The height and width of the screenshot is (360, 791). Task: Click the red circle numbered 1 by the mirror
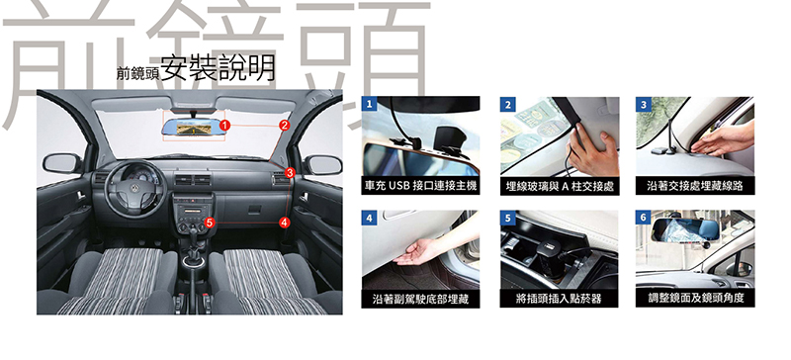[x=225, y=125]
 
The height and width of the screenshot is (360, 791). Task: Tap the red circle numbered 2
[x=285, y=125]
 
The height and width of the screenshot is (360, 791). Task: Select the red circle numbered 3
[x=289, y=173]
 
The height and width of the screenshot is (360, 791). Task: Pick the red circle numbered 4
[x=285, y=222]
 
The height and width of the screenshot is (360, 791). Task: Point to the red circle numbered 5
[x=211, y=222]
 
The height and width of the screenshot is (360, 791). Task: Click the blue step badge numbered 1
[x=369, y=105]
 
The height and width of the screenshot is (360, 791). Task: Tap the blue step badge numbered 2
[x=507, y=105]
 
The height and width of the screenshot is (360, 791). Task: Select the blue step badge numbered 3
[x=644, y=105]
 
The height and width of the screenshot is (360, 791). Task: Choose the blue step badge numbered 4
[x=369, y=219]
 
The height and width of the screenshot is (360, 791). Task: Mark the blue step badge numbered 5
[x=507, y=219]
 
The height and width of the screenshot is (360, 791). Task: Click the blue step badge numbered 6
[x=644, y=219]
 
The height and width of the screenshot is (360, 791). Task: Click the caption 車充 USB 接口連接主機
[x=421, y=186]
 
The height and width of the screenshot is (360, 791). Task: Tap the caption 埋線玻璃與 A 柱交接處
[x=560, y=186]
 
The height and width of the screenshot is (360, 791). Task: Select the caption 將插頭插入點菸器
[x=559, y=299]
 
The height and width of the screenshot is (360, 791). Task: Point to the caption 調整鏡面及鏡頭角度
[x=696, y=298]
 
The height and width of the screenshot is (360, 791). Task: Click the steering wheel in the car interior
[x=135, y=189]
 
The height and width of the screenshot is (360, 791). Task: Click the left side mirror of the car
[x=62, y=163]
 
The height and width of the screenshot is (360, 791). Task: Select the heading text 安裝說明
[x=219, y=68]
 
